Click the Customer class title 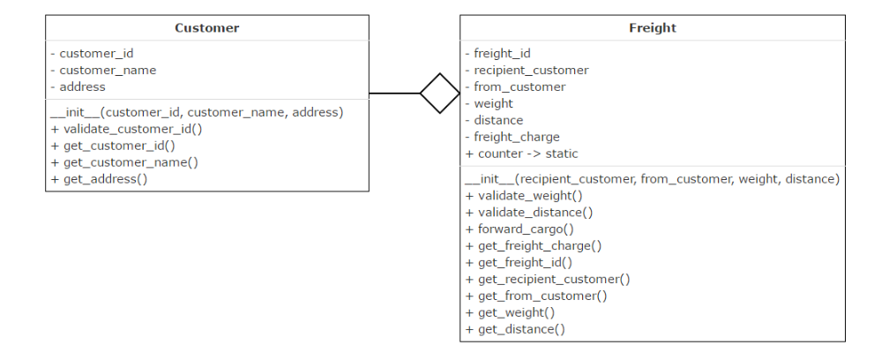[206, 28]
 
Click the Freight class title [652, 28]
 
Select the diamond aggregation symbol [439, 93]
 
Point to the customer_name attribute [103, 70]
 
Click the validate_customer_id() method [126, 129]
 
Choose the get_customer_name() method [124, 162]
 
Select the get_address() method [99, 179]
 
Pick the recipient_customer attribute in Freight [527, 70]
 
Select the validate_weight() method [524, 196]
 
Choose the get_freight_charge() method [533, 246]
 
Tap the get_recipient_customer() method [548, 280]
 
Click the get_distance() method [515, 330]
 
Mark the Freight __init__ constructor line [652, 179]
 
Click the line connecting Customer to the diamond [394, 93]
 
